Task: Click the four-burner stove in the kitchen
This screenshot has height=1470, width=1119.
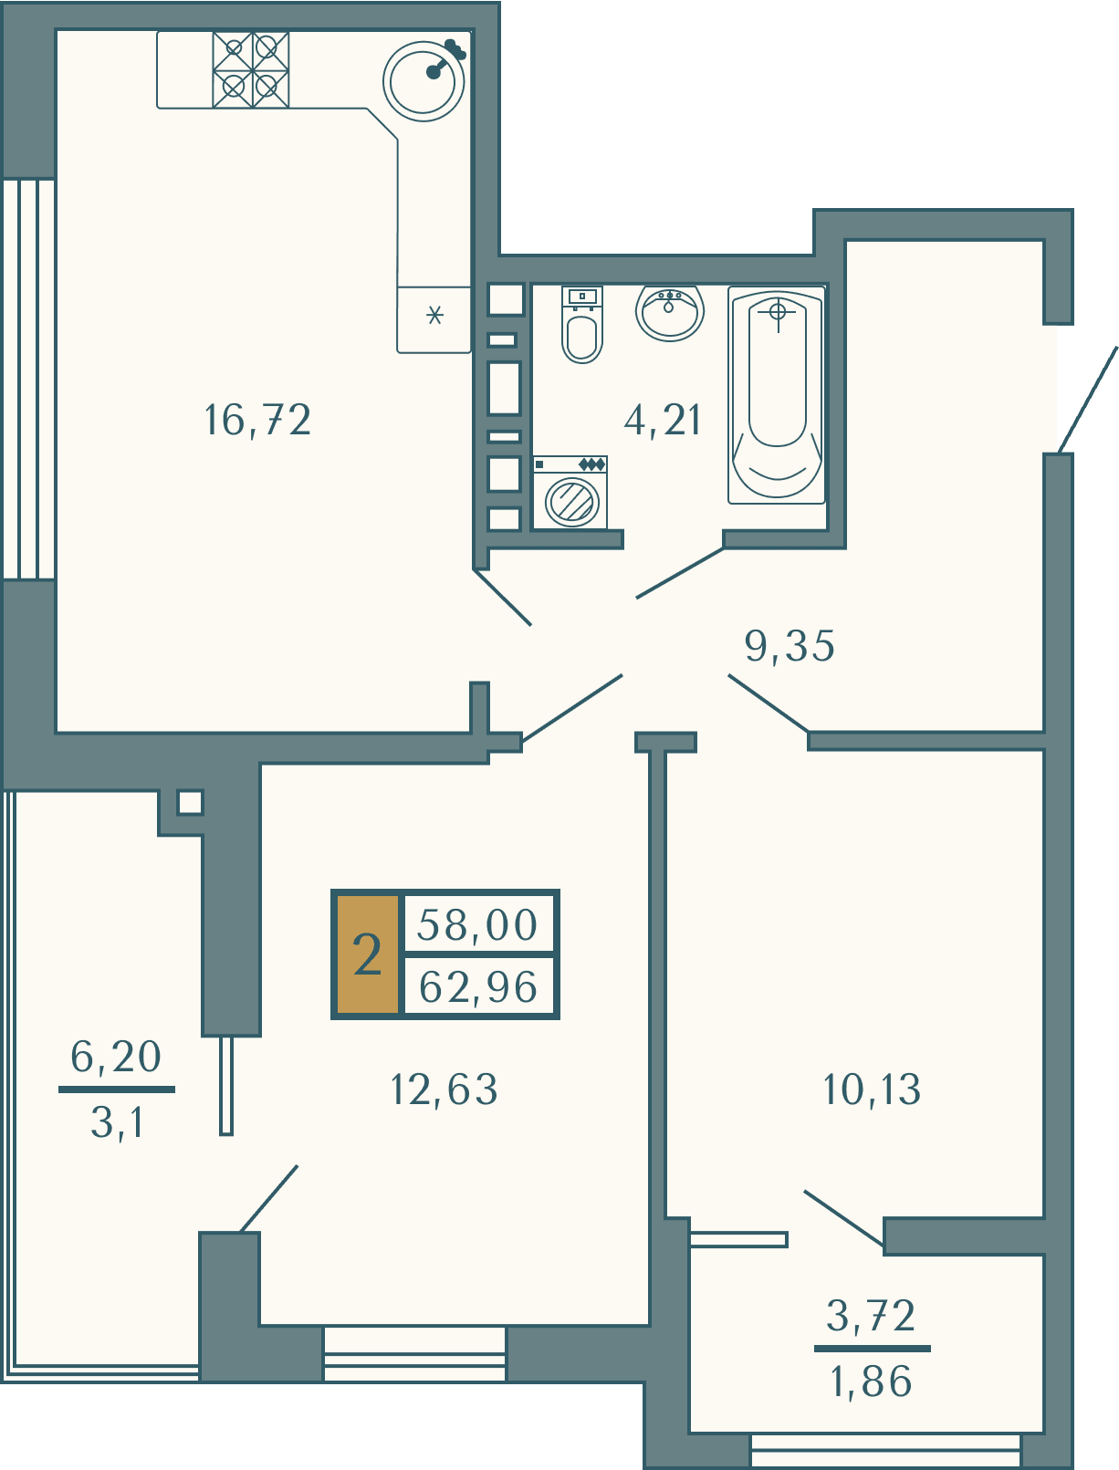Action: (x=251, y=69)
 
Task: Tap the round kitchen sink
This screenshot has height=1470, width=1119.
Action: (x=424, y=81)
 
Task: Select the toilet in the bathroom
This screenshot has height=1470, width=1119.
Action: (x=582, y=324)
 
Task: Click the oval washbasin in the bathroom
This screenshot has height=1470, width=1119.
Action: (x=669, y=312)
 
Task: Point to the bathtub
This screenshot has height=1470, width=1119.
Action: (x=777, y=394)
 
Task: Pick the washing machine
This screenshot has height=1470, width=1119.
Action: (x=570, y=492)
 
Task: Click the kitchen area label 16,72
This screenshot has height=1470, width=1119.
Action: (x=257, y=421)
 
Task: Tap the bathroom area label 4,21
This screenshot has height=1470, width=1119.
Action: (x=663, y=421)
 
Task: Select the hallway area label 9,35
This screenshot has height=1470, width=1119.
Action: (x=790, y=646)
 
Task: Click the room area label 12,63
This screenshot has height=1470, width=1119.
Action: (x=444, y=1089)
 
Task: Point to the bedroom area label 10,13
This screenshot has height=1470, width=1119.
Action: (x=872, y=1089)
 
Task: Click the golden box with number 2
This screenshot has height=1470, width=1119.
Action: (x=368, y=954)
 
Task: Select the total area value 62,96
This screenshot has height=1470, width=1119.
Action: (x=478, y=986)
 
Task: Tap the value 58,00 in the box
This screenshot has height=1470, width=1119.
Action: (x=477, y=925)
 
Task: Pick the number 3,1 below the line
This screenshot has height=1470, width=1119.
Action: (x=117, y=1122)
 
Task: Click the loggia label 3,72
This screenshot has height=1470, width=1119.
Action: (x=872, y=1316)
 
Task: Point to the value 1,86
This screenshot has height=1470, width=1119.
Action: (x=872, y=1381)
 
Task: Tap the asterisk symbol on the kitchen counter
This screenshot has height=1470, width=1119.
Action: (x=435, y=315)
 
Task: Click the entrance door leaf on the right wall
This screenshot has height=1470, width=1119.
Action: (x=1088, y=399)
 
